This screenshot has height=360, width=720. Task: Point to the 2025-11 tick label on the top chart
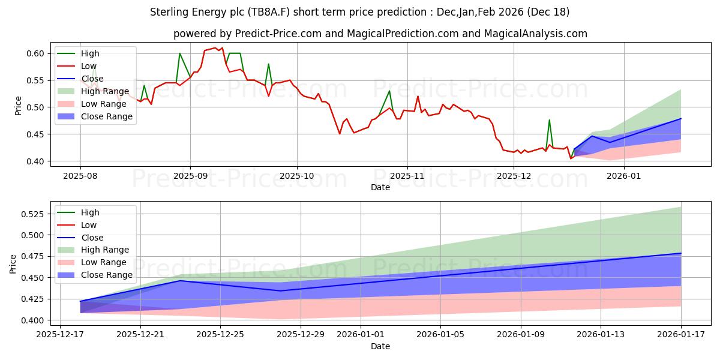[407, 176]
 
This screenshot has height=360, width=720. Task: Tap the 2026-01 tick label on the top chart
[624, 176]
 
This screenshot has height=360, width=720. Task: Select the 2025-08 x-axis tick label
[80, 176]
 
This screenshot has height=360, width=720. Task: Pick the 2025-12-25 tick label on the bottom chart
[220, 335]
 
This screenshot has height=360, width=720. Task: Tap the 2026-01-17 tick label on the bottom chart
[681, 335]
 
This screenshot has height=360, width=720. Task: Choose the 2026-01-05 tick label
[440, 335]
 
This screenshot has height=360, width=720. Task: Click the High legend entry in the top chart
[89, 53]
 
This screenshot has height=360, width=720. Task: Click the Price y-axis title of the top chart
[18, 106]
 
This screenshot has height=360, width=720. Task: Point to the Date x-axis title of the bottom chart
[380, 346]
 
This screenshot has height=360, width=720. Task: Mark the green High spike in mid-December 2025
[549, 120]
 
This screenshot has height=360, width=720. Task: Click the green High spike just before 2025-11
[389, 91]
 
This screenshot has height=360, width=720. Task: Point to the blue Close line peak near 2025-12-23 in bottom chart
[181, 280]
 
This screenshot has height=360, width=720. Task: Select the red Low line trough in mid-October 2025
[340, 133]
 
